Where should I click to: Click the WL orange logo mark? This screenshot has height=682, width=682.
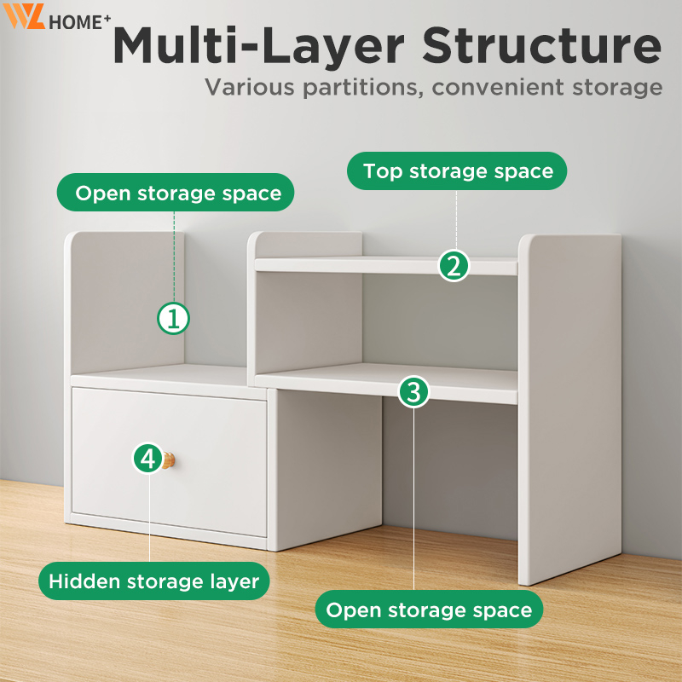[x=24, y=16]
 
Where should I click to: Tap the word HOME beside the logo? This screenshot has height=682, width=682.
[x=75, y=23]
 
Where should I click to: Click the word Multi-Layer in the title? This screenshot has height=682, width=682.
[x=258, y=46]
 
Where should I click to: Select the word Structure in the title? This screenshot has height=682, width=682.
[x=542, y=45]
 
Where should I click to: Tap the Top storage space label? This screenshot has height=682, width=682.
[x=457, y=171]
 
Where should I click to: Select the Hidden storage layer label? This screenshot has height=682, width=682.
[x=154, y=581]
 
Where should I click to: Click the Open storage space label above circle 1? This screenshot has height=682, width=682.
[x=176, y=193]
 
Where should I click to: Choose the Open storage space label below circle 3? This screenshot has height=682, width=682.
[x=429, y=610]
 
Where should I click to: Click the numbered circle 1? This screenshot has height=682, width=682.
[x=173, y=318]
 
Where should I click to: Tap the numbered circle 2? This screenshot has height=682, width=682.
[x=454, y=266]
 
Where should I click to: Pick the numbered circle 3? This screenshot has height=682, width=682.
[x=413, y=391]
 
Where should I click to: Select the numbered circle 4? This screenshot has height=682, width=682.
[x=148, y=459]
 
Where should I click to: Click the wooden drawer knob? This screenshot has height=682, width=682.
[x=169, y=460]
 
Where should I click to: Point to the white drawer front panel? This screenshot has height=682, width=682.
[x=170, y=462]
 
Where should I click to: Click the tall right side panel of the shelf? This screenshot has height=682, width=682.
[x=569, y=409]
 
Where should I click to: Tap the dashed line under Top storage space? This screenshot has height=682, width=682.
[x=456, y=220]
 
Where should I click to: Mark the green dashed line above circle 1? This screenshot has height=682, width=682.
[x=174, y=257]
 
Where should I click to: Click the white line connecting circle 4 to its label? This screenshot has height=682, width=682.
[x=149, y=518]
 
